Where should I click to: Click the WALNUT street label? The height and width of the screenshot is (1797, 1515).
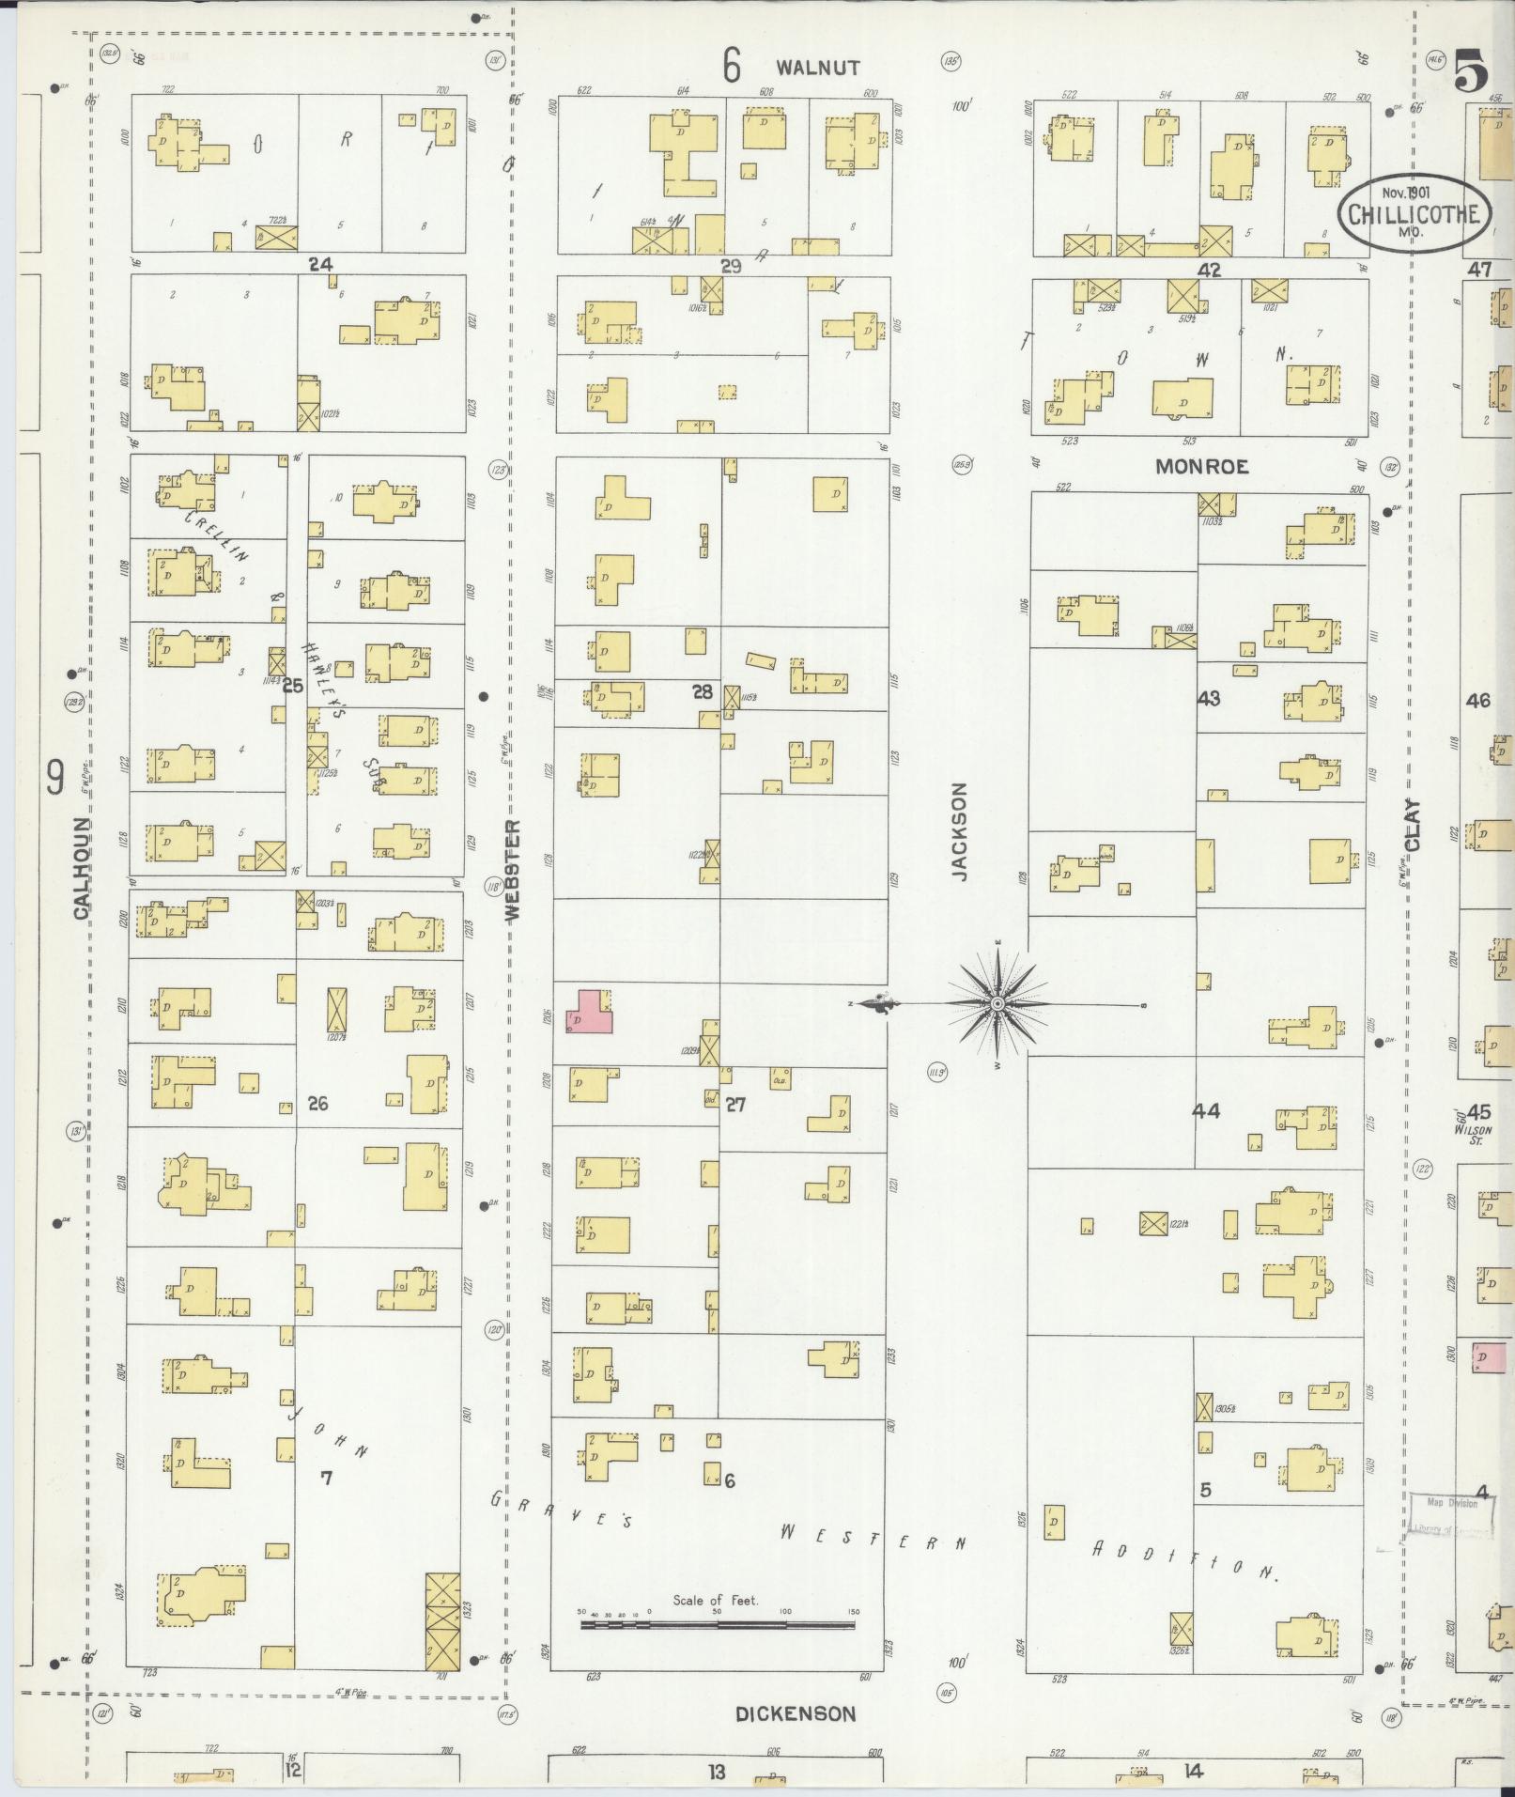[818, 68]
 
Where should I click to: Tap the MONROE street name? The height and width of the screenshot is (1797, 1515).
[1201, 467]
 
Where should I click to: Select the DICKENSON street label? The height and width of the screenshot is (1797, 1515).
[795, 1714]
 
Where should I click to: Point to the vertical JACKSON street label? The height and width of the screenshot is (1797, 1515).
[958, 831]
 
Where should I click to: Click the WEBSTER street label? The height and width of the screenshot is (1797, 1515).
[513, 871]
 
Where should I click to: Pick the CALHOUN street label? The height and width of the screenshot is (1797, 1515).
[82, 867]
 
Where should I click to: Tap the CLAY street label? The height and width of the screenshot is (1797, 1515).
[1412, 825]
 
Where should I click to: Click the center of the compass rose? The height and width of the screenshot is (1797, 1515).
[997, 1004]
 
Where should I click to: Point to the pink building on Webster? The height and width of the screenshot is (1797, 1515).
[589, 1012]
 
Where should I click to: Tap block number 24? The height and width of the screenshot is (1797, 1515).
[321, 265]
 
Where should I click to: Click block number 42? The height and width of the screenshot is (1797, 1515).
[1209, 270]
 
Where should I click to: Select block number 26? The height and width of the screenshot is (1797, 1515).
[317, 1103]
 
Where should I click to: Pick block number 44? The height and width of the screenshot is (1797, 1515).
[1205, 1111]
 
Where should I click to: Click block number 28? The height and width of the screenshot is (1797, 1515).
[702, 692]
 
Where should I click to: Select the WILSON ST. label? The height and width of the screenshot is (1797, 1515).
[1473, 1135]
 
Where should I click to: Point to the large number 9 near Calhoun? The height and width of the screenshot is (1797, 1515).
[56, 778]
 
